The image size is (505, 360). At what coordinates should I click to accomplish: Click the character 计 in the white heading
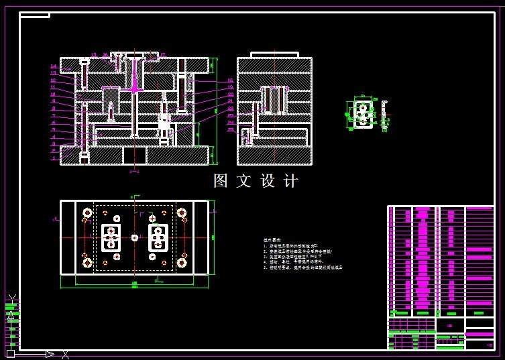click(291, 181)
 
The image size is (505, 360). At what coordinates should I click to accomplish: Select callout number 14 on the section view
click(53, 66)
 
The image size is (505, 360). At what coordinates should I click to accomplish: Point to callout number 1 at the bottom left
click(53, 159)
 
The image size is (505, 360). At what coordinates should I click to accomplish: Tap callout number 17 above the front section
click(162, 55)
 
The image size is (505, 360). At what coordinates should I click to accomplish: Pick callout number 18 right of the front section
click(230, 80)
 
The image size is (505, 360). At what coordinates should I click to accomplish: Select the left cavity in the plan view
click(111, 237)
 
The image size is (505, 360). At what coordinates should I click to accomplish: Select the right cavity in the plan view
click(158, 237)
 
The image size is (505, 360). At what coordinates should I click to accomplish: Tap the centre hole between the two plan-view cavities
click(135, 237)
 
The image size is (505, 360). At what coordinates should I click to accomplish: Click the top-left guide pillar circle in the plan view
click(87, 213)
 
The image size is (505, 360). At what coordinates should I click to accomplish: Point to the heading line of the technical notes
click(272, 239)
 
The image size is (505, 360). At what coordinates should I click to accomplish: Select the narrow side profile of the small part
click(384, 114)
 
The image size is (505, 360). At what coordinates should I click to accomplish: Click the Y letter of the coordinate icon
click(11, 299)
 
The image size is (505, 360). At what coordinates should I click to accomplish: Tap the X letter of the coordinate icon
click(65, 355)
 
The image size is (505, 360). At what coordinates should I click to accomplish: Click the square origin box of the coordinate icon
click(11, 353)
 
